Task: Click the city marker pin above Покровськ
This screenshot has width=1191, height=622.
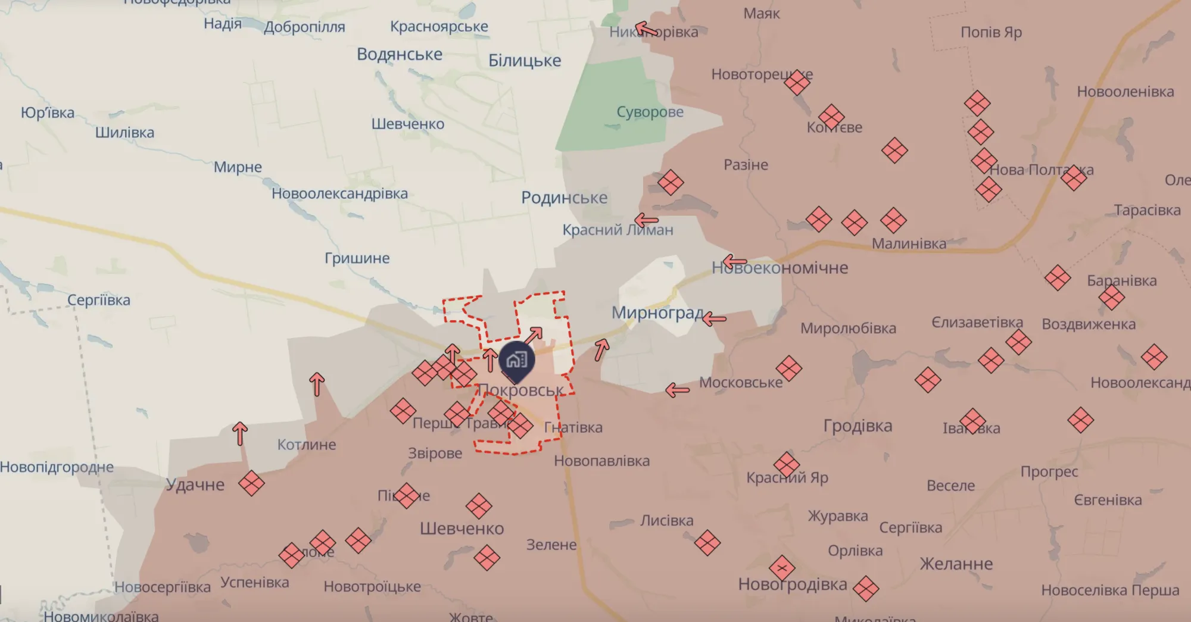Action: pos(516,360)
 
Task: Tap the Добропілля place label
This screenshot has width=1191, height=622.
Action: pos(304,27)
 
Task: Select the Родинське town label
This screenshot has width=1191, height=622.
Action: pos(564,198)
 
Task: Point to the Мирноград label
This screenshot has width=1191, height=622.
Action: pos(657,312)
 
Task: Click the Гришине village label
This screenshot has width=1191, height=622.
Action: pos(357,258)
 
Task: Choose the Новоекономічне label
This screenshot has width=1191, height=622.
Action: pos(780,268)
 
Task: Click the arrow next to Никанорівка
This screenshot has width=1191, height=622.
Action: pos(646,29)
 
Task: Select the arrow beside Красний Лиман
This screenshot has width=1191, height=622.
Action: pos(646,221)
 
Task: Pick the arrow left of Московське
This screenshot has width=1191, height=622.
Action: pos(677,390)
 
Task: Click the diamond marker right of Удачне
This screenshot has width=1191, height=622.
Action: pos(251,483)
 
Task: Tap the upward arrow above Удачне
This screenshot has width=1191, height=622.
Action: pos(240,433)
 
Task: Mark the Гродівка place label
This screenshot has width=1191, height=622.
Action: pos(858,426)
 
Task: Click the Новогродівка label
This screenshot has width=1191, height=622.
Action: pos(793,585)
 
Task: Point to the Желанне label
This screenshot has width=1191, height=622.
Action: pos(956,564)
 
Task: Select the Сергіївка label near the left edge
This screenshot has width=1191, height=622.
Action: pos(98,300)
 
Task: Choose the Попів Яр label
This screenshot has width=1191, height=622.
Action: pos(991,32)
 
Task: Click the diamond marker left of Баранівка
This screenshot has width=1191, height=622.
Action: pos(1058,278)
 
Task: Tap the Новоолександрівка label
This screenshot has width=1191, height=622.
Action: pos(339,193)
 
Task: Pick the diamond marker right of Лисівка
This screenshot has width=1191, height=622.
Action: pos(707,543)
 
